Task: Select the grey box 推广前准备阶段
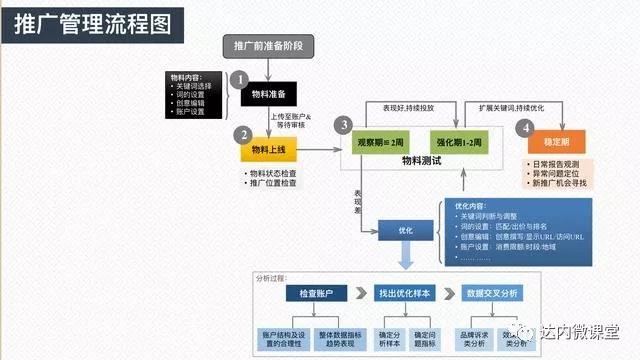pyautogui.click(x=268, y=46)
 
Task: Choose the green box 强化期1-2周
pyautogui.click(x=462, y=141)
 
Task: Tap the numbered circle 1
pyautogui.click(x=238, y=77)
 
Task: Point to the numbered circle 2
pyautogui.click(x=240, y=135)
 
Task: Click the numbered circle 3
pyautogui.click(x=344, y=125)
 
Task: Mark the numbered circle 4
pyautogui.click(x=524, y=127)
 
